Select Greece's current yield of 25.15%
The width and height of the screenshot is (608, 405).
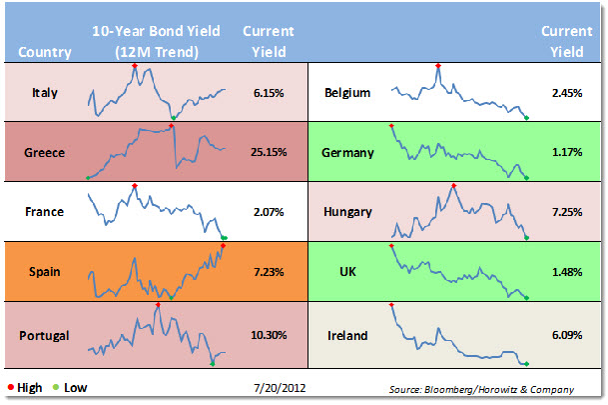269,152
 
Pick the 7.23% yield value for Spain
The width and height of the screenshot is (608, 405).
269,270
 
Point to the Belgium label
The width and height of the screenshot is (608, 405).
347,93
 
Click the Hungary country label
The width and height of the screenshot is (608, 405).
348,211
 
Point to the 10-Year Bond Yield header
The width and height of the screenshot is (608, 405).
155,31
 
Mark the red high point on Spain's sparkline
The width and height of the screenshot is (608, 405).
223,244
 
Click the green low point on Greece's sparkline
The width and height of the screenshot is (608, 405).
88,178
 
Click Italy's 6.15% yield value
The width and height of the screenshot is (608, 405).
269,93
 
